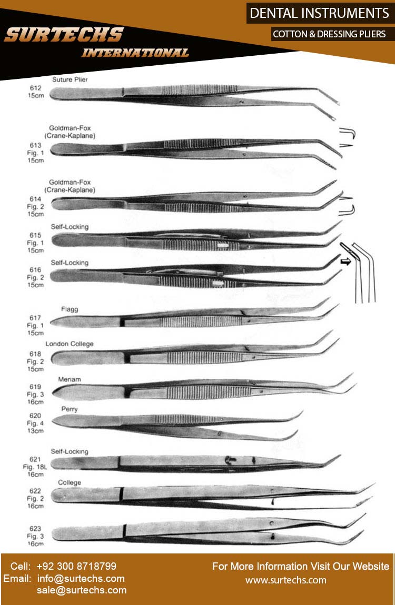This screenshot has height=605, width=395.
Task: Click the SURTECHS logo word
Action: pos(63,35)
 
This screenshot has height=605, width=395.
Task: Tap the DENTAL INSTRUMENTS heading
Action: pos(319,13)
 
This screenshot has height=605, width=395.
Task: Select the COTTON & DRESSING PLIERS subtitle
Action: pos(329,34)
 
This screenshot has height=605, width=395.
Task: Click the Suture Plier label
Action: pos(70,79)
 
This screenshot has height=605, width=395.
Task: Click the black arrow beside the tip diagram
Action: pos(345,261)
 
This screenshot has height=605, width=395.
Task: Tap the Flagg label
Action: pos(70,309)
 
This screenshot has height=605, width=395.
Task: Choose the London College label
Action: pos(70,344)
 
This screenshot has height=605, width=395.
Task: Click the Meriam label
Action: pos(71,379)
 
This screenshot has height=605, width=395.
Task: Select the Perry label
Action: pos(70,408)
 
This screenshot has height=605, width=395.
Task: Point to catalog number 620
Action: pos(36,416)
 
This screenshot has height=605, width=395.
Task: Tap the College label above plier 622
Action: pos(70,482)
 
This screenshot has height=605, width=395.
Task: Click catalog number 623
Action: pos(36,528)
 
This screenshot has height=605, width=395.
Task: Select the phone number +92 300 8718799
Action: pos(76,567)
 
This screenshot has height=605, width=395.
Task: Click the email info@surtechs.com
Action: pos(81,578)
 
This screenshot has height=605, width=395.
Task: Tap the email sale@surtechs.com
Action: pos(82,590)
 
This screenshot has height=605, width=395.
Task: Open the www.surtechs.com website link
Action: pos(286,580)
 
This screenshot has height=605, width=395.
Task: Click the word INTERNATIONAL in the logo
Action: pos(135,53)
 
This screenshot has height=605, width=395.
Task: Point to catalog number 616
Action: pos(36,269)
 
